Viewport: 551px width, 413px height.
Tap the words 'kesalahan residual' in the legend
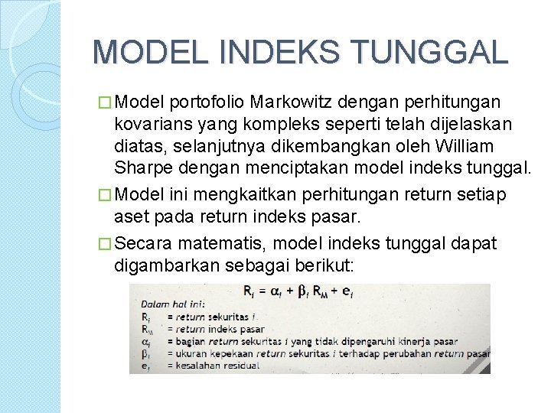coord(217,366)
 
